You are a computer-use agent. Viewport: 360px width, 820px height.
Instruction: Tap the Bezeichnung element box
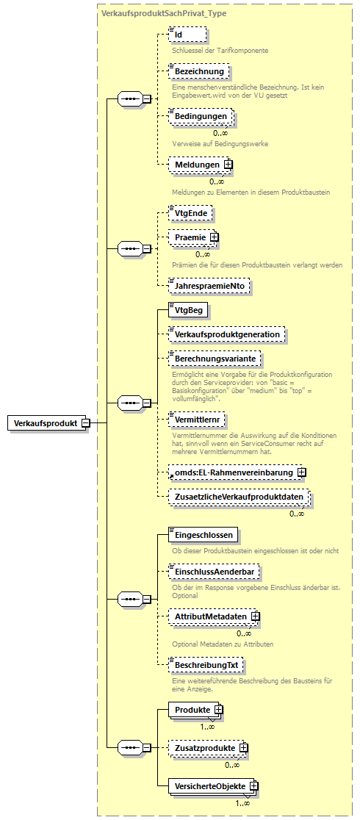(x=198, y=71)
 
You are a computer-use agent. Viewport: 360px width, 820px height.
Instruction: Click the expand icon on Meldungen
(x=228, y=165)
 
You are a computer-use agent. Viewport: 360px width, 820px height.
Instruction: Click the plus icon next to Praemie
(x=215, y=237)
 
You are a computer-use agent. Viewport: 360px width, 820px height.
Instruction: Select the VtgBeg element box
(x=188, y=311)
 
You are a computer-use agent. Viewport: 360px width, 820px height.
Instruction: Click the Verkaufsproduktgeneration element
(x=226, y=334)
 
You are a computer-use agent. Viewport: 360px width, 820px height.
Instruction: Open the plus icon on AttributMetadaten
(x=255, y=616)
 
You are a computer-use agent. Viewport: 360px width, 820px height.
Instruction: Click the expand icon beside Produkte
(x=217, y=710)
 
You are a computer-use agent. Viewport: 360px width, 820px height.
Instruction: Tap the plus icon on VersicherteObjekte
(x=253, y=786)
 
